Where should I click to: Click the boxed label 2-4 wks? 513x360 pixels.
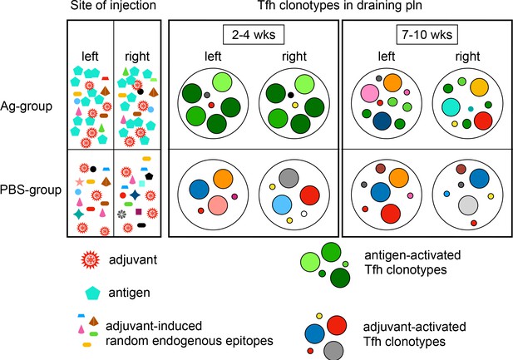click(254, 35)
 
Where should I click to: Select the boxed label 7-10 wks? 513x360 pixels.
click(427, 35)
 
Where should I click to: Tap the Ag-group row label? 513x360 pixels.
click(26, 106)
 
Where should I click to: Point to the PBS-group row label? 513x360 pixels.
click(31, 190)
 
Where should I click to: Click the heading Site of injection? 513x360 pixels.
click(113, 6)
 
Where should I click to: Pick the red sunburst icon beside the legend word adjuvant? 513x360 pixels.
click(90, 260)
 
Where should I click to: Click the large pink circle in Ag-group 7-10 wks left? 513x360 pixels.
click(370, 93)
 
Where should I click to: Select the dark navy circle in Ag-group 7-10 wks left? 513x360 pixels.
click(382, 121)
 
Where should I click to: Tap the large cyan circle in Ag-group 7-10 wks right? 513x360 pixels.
click(451, 107)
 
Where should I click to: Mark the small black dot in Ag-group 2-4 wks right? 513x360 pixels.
click(291, 96)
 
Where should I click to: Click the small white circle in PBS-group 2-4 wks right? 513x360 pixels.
click(304, 214)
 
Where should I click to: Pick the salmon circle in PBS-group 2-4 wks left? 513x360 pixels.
click(218, 205)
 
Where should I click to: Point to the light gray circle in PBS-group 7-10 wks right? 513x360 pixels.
click(468, 205)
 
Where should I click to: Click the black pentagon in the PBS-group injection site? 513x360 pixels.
click(149, 176)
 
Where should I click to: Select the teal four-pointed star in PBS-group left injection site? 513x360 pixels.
click(78, 214)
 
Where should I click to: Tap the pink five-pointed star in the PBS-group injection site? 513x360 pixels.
click(79, 181)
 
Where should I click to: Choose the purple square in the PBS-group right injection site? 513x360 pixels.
click(138, 212)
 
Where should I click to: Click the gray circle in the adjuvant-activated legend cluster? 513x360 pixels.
click(333, 351)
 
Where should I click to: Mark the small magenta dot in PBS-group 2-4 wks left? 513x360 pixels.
click(234, 197)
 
